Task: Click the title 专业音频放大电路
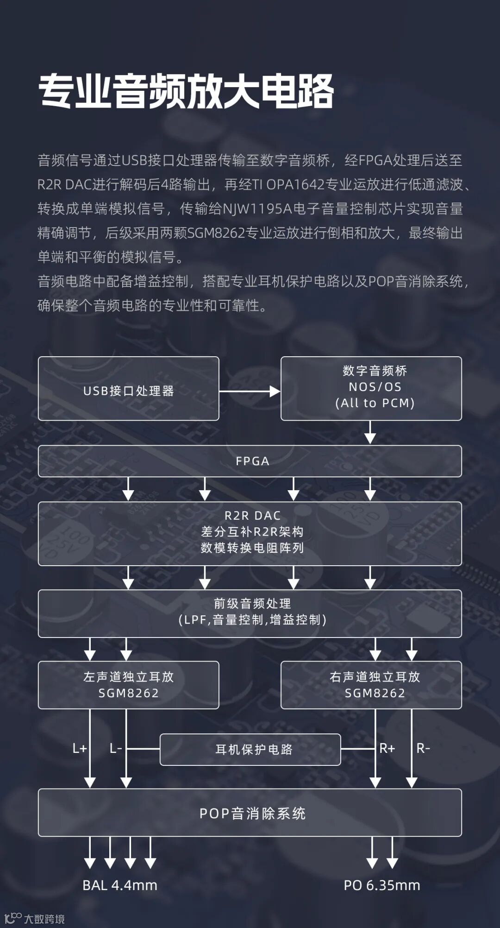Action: click(x=186, y=91)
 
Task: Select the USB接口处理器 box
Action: click(x=128, y=389)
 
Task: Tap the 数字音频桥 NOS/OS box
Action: click(x=371, y=388)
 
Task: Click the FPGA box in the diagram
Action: click(x=250, y=461)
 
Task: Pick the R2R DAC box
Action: click(x=250, y=533)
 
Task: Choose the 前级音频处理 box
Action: click(x=250, y=613)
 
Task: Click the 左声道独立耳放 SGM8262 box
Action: click(x=128, y=685)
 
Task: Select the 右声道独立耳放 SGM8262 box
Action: click(x=371, y=685)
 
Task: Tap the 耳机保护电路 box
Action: click(x=250, y=749)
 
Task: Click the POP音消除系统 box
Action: click(x=250, y=813)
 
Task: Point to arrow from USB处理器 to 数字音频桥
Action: click(x=250, y=391)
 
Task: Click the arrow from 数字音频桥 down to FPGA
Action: click(x=370, y=432)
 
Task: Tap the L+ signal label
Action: click(x=80, y=748)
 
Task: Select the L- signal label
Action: click(x=115, y=748)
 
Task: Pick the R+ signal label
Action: click(x=387, y=748)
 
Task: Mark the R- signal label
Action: click(x=423, y=748)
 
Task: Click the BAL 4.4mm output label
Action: click(x=120, y=885)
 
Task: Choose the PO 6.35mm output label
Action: click(x=381, y=885)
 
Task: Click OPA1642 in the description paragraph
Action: click(x=295, y=184)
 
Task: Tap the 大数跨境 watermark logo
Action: click(x=34, y=918)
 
